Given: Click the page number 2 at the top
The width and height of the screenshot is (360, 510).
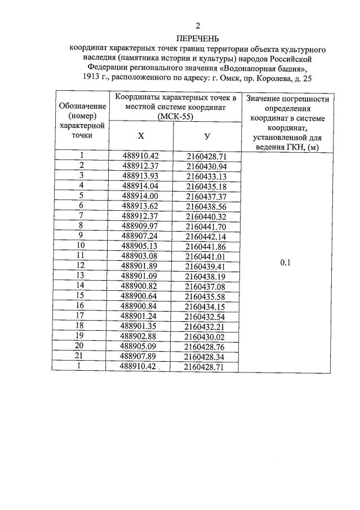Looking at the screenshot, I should (198, 26).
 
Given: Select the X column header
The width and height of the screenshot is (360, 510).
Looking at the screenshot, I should (141, 136).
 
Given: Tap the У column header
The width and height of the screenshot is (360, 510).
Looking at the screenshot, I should (207, 136).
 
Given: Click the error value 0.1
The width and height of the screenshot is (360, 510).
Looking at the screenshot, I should (285, 261).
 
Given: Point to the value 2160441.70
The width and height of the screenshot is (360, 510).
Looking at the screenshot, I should (206, 227).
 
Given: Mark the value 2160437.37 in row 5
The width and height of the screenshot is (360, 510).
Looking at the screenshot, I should (206, 196).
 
